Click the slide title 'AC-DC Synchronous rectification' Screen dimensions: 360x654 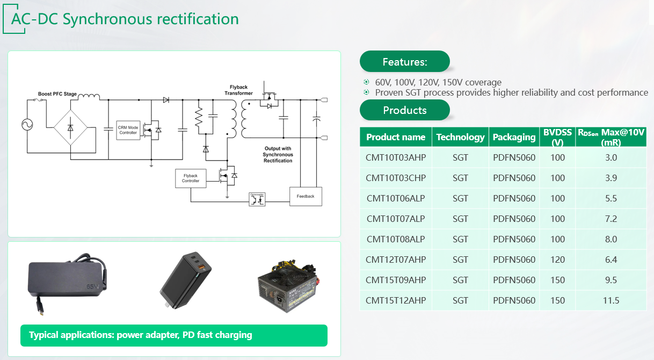coord(125,19)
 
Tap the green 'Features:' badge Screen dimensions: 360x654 coord(404,62)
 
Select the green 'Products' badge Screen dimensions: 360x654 coord(404,110)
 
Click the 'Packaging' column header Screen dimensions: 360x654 coord(514,137)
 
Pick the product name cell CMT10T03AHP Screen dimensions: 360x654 coord(396,157)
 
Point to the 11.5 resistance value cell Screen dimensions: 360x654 coord(611,300)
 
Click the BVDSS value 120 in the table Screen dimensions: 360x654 coord(557,260)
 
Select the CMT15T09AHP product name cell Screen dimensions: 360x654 coord(396,280)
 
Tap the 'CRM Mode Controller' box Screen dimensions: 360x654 coord(128,130)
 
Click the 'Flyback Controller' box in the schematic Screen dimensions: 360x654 coord(191,178)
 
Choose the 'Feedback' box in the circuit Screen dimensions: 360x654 coord(306,196)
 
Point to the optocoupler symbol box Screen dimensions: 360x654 coord(257,198)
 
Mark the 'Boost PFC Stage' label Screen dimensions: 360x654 coord(57,94)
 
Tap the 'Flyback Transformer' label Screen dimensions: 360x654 coord(238,90)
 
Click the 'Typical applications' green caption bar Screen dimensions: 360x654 coord(174,335)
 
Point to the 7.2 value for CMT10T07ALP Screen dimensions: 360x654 coord(611,219)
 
